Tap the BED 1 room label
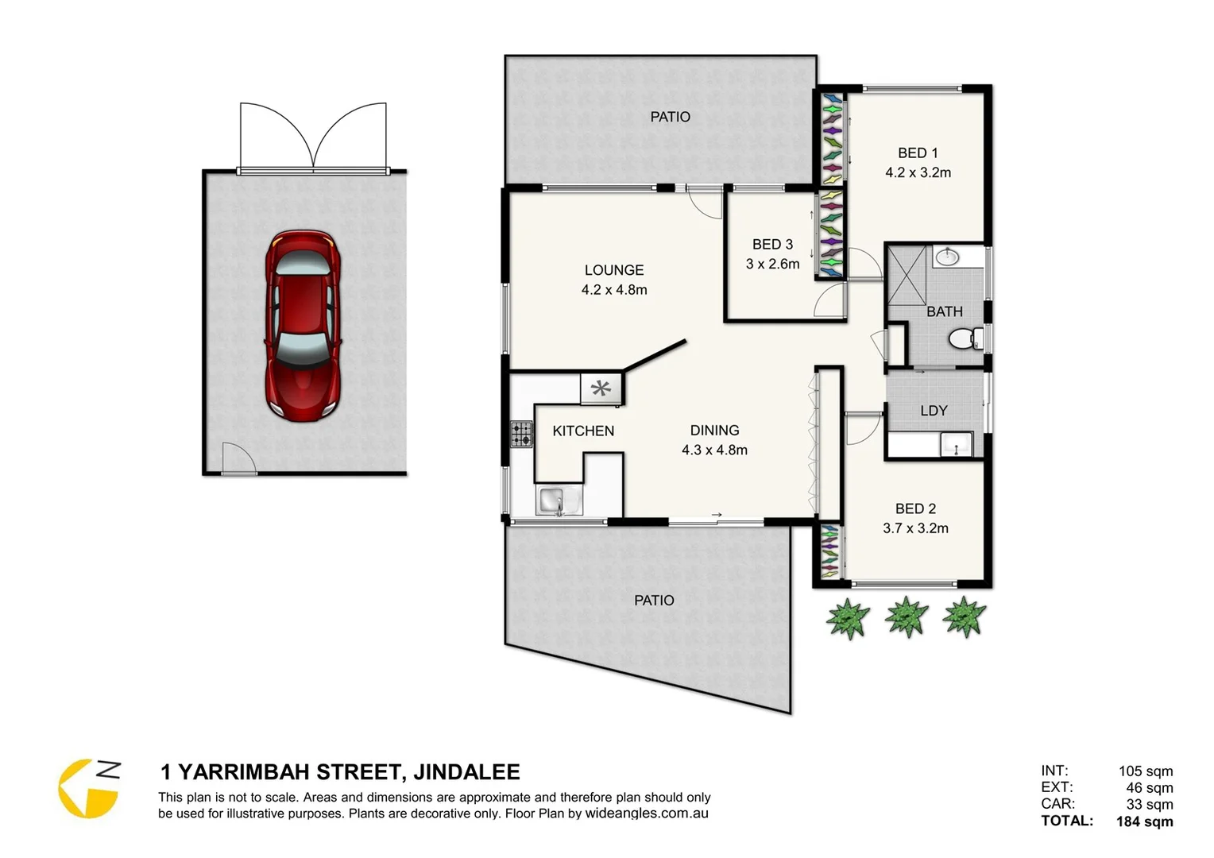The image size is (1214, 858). pyautogui.click(x=918, y=153)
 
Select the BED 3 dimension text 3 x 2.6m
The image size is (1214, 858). pyautogui.click(x=772, y=264)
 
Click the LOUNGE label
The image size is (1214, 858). pyautogui.click(x=614, y=270)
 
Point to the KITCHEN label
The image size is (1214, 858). pyautogui.click(x=583, y=431)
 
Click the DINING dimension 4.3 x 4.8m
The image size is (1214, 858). pyautogui.click(x=714, y=450)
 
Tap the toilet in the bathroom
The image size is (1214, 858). pyautogui.click(x=965, y=339)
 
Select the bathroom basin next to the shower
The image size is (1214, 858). pyautogui.click(x=946, y=257)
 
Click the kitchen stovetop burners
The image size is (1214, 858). pyautogui.click(x=521, y=435)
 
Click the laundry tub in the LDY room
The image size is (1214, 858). pyautogui.click(x=956, y=445)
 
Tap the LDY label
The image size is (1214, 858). pyautogui.click(x=934, y=411)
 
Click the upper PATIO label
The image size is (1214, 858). pyautogui.click(x=670, y=117)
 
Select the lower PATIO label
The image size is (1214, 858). pyautogui.click(x=654, y=601)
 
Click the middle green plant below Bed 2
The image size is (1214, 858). pyautogui.click(x=906, y=616)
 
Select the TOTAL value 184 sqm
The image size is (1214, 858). pyautogui.click(x=1144, y=821)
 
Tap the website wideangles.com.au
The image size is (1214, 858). pyautogui.click(x=647, y=814)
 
